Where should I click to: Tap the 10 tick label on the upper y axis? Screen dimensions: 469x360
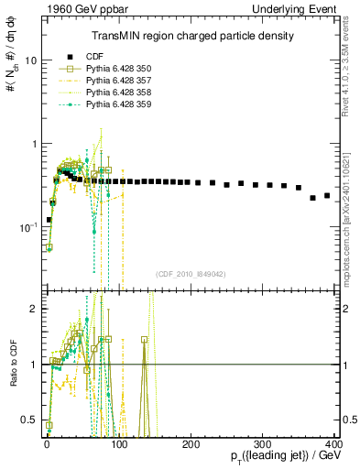30,60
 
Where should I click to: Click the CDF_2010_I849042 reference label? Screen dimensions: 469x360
190,273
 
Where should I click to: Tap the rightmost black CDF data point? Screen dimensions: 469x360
327,195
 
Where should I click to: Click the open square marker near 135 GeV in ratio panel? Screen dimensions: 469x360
144,339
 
